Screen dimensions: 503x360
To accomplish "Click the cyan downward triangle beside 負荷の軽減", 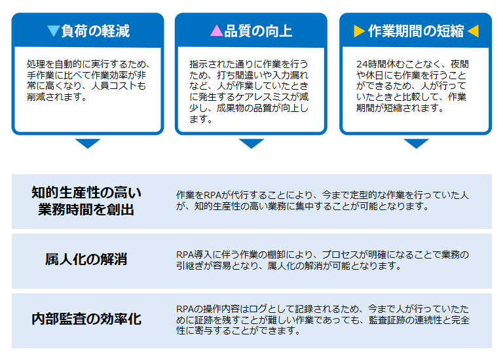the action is point(53,31).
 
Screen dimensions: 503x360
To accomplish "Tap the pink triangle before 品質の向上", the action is point(217,31).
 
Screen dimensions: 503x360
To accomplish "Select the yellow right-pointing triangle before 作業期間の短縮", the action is point(360,31).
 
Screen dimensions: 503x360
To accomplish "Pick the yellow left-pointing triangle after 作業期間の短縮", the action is point(473,31).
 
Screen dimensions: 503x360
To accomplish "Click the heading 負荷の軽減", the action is point(95,31).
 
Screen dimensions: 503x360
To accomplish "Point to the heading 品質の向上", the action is point(258,31).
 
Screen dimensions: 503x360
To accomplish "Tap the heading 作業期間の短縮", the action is point(416,31).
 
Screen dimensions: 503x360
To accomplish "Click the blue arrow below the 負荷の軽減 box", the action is point(88,143).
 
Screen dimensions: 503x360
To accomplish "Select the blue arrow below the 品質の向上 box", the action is point(251,143).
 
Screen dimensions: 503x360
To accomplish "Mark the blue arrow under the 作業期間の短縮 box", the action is point(416,143).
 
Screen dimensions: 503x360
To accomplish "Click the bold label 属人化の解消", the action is point(86,259).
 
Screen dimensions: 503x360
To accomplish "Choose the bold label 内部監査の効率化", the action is point(86,319).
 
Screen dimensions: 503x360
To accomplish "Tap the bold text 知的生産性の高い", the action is point(86,192).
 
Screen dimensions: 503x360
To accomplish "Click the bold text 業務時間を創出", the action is point(86,209).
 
